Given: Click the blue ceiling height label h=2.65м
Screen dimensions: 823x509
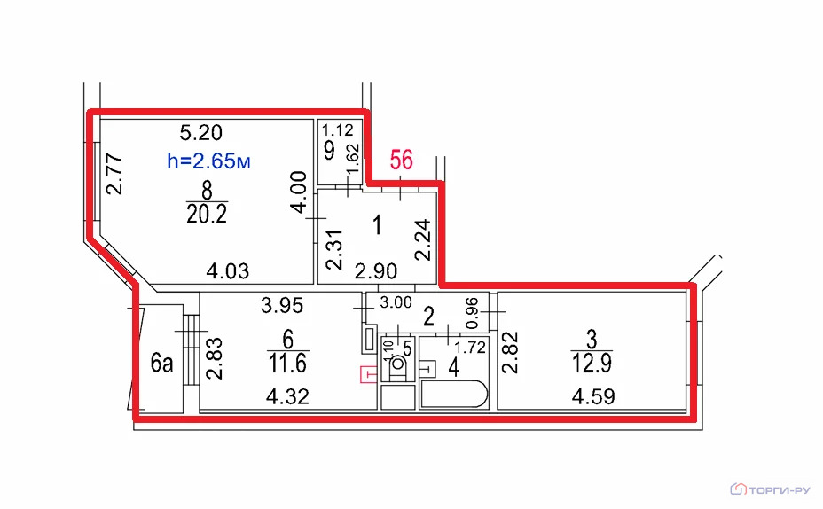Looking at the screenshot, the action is click(x=208, y=161).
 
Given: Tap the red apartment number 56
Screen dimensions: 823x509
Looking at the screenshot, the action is click(x=402, y=160).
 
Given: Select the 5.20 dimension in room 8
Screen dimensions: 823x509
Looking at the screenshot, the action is click(x=201, y=132).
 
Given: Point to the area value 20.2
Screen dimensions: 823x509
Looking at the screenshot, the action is click(x=207, y=214).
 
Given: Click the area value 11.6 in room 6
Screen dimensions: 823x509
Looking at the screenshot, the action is click(x=287, y=363).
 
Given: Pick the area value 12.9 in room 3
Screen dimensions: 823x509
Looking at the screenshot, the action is click(x=592, y=363).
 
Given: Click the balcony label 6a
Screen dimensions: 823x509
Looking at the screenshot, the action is click(x=161, y=363).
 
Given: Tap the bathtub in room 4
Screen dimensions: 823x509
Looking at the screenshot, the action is click(x=455, y=394).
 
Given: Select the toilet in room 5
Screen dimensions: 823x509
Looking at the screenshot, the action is click(x=398, y=366).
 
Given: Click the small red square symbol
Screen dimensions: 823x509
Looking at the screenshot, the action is click(x=368, y=375).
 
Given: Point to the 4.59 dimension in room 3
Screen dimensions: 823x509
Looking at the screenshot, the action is click(x=593, y=396).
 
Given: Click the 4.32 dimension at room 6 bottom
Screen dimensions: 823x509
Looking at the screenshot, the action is click(x=287, y=396).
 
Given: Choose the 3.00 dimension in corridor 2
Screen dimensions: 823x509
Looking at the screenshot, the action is click(x=396, y=302).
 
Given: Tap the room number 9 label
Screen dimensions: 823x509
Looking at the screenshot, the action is click(x=329, y=151).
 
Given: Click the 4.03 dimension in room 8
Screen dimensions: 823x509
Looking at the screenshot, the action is click(x=227, y=271).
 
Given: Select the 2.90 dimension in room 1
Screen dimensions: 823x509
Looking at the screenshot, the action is click(x=376, y=271).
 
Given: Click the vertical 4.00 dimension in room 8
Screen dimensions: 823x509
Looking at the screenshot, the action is click(x=299, y=192).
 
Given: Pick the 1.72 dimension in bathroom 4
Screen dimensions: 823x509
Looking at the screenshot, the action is click(x=470, y=348).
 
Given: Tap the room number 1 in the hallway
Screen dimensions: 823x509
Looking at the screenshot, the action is click(x=377, y=225).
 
